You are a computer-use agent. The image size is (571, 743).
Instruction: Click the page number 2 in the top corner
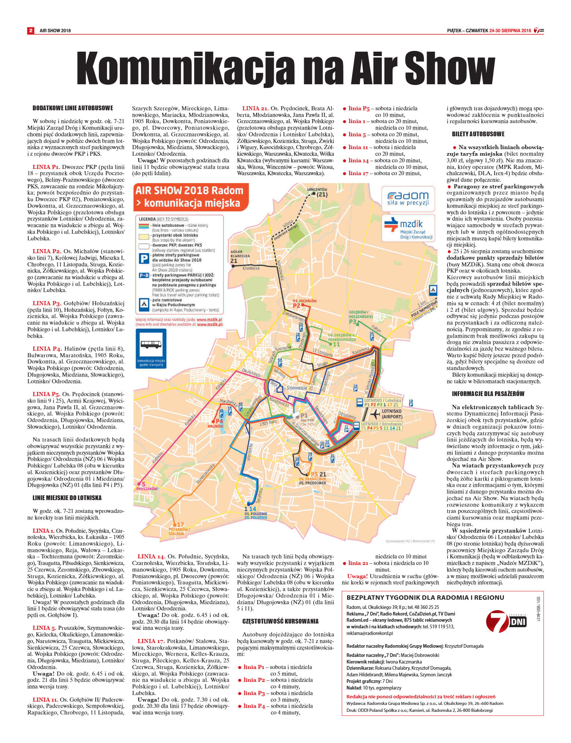[x=31, y=30]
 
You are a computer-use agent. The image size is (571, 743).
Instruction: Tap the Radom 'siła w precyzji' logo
[x=408, y=199]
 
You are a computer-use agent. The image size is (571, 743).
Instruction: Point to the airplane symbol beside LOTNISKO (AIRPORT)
[x=375, y=414]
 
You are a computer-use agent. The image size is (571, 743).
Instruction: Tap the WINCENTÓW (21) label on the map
[x=317, y=192]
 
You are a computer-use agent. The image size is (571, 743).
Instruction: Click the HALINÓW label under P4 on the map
[x=215, y=426]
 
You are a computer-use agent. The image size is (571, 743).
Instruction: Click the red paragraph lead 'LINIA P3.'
[x=47, y=303]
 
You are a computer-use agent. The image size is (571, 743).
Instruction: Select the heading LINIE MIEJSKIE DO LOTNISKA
[x=67, y=498]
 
